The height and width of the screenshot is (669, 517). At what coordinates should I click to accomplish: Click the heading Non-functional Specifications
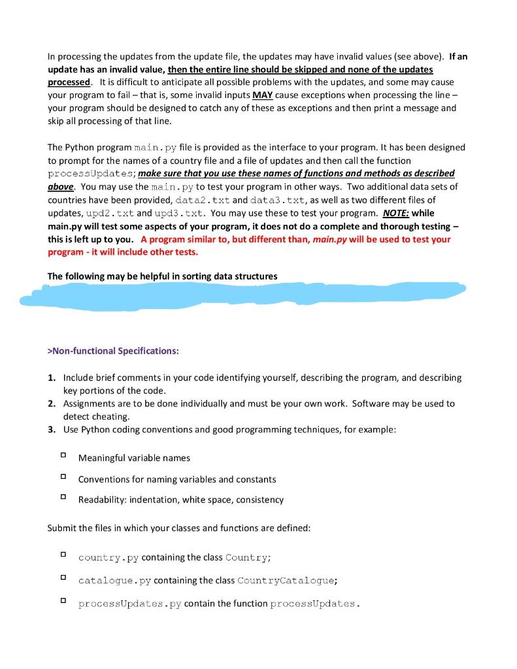[112, 351]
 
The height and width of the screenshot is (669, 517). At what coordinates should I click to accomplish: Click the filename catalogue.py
[108, 580]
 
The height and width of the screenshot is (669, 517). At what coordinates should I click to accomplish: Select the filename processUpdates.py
[130, 604]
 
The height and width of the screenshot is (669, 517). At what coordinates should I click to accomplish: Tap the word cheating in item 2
[112, 416]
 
